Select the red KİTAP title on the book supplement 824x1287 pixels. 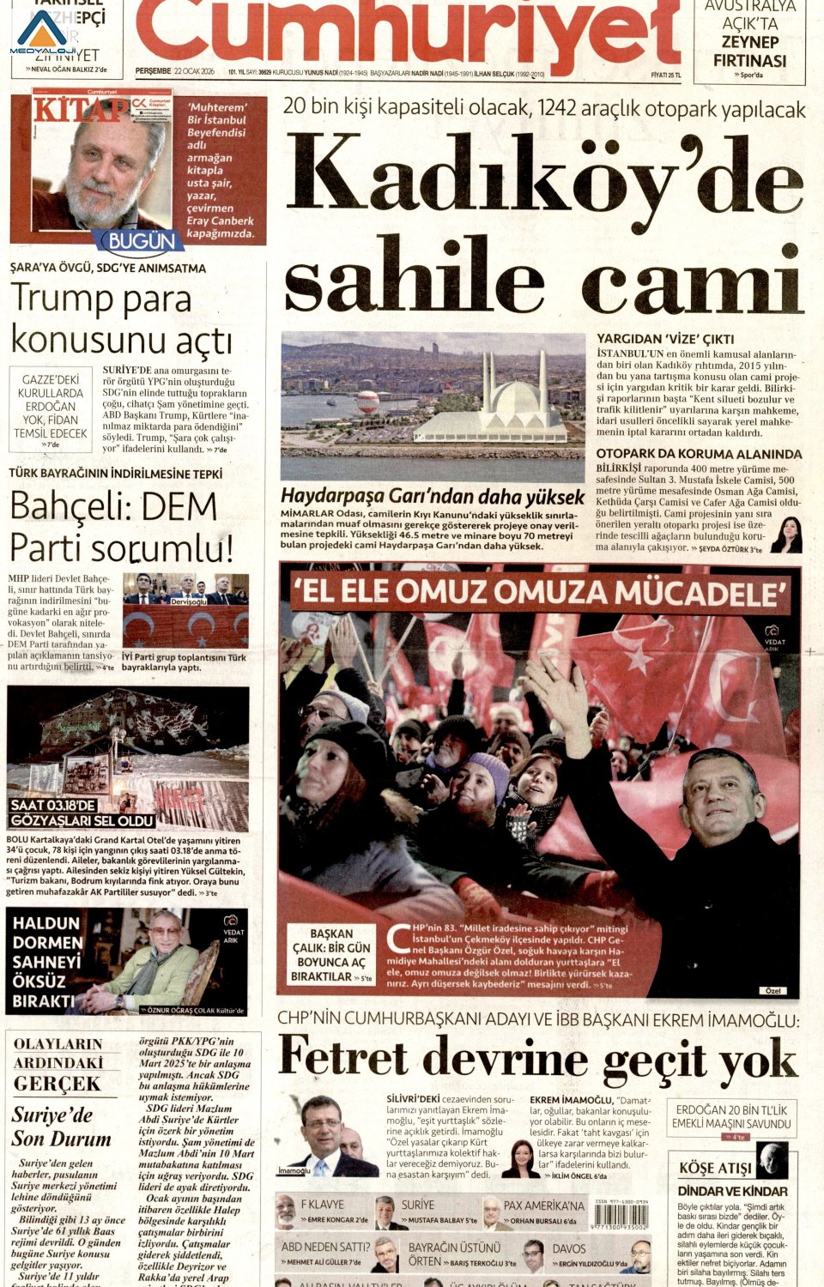pos(79,110)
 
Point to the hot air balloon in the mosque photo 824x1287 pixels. pos(367,400)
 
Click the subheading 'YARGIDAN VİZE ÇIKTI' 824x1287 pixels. pos(665,339)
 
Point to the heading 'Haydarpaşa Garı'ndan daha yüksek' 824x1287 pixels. pos(432,496)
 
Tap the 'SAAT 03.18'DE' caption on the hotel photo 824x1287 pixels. pos(53,806)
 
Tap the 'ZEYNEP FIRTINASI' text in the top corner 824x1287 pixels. pos(749,51)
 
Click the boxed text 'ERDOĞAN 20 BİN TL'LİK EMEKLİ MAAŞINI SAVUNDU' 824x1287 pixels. pos(731,1116)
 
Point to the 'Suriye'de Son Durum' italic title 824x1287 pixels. pos(61,1127)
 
